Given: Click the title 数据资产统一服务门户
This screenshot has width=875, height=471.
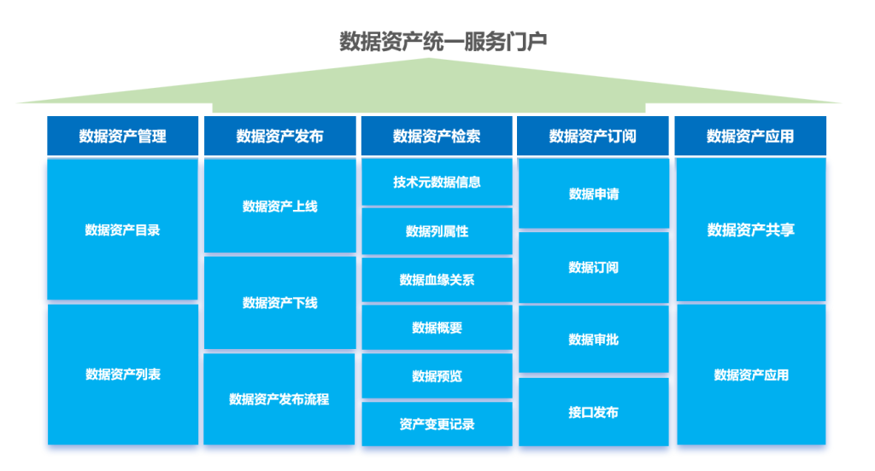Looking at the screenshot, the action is coord(443,41).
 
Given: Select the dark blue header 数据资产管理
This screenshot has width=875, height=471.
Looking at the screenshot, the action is coord(123,136).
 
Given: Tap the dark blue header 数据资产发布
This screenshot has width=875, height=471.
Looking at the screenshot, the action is coord(279,136).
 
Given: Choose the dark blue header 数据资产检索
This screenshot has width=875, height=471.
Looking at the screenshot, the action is coord(437,136).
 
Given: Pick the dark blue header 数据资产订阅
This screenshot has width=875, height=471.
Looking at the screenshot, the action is coord(593,136).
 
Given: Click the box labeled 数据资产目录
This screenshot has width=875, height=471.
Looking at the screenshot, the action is coord(123,230).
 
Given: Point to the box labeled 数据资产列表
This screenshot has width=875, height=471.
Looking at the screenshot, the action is coord(123,374).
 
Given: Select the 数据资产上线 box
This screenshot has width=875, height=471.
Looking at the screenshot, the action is coord(279,206).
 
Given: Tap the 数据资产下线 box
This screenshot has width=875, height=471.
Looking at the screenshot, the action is coord(279,303).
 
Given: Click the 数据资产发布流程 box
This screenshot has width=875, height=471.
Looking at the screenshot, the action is coord(279,399).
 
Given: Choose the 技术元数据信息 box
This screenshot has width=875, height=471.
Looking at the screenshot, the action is coord(437,182).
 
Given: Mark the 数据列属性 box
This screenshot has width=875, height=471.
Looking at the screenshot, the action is coord(437,230).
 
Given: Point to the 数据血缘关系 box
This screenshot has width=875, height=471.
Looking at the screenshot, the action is coord(437,279).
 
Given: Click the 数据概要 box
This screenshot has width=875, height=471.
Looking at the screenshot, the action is coord(437,328).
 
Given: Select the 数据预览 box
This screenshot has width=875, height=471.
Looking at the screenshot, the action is coord(437,376).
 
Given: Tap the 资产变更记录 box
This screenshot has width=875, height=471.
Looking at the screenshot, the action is coord(437,424).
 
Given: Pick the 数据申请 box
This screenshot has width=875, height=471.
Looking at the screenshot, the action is coord(594,194).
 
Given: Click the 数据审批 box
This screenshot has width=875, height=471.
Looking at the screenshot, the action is coord(594,340).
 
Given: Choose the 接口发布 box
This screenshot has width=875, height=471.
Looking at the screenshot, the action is coord(594,412).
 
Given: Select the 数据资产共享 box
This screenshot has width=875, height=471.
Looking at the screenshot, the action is coord(751,230).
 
